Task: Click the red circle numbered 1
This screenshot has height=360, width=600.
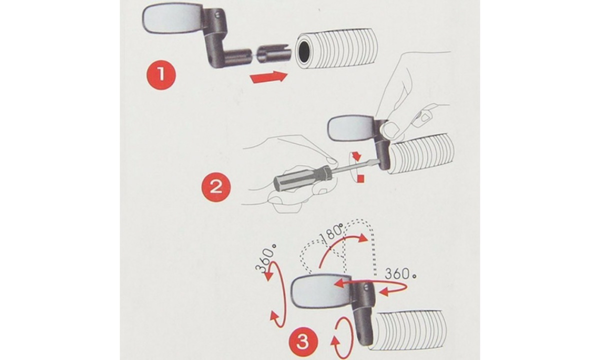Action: coord(161,74)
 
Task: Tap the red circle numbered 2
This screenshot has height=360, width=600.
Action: coord(216,186)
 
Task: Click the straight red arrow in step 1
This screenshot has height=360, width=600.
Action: coord(268,77)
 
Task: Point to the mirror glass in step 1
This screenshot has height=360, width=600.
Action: coord(173,19)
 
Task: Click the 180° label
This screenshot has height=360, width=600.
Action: coord(331,233)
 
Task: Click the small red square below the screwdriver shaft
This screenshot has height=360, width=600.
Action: coord(361,178)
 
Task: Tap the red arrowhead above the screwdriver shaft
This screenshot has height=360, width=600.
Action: coord(357,155)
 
